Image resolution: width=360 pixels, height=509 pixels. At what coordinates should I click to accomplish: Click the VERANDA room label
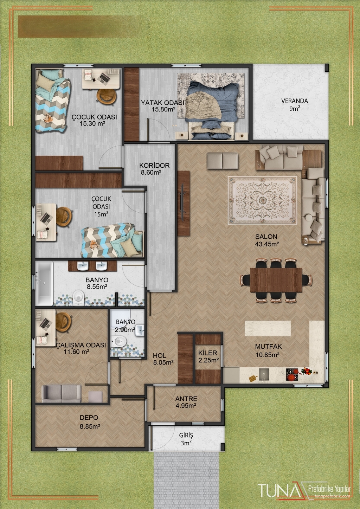click(x=295, y=101)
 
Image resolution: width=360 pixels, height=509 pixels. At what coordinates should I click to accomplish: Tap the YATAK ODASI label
click(x=162, y=103)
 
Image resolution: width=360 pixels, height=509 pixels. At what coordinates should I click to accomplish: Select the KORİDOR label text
click(x=154, y=166)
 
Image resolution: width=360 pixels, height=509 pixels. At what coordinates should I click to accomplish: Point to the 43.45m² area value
click(x=267, y=244)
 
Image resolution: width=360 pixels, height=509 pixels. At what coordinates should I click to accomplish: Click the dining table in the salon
click(x=276, y=280)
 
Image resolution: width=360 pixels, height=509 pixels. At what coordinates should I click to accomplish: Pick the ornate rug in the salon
click(x=263, y=201)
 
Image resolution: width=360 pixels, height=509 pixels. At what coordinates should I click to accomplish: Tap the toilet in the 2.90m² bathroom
click(x=120, y=341)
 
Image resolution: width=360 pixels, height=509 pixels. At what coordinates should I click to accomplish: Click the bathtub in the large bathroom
click(x=45, y=283)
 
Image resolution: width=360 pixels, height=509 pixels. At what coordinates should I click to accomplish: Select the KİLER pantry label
click(x=208, y=353)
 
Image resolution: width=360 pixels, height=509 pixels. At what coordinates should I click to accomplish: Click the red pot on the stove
click(x=291, y=377)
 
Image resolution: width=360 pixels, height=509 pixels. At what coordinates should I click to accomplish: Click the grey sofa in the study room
click(x=61, y=393)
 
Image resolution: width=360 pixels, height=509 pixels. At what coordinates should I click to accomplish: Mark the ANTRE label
click(x=186, y=399)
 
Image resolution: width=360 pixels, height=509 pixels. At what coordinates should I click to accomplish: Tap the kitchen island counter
click(x=268, y=328)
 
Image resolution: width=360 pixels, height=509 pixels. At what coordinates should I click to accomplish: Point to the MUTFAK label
click(x=268, y=347)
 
